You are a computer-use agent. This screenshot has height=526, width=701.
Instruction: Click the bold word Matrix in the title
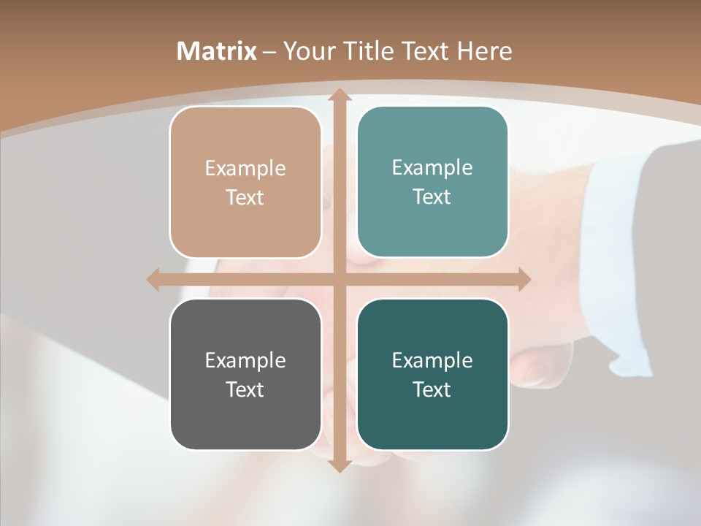click(217, 51)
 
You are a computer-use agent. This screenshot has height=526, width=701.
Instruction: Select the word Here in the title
click(484, 51)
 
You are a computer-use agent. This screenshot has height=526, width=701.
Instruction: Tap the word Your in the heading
click(306, 51)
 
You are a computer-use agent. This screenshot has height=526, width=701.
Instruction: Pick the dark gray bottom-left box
click(245, 416)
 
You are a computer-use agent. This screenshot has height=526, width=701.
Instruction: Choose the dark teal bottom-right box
click(432, 416)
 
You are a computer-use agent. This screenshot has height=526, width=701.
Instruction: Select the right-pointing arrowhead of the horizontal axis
click(524, 279)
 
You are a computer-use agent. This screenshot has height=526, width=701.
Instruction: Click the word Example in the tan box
click(245, 168)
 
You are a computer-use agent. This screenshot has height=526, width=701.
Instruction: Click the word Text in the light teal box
click(432, 197)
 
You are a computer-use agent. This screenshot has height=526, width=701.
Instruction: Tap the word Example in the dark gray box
click(245, 360)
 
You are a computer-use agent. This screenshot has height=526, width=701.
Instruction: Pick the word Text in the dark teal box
click(432, 389)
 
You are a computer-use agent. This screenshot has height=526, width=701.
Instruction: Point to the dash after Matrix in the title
click(269, 52)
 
